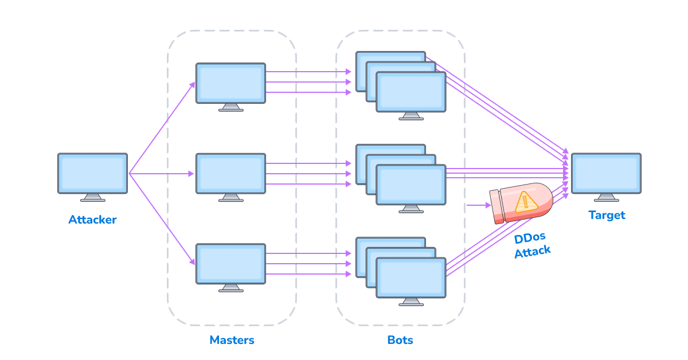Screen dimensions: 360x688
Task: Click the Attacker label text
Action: click(92, 220)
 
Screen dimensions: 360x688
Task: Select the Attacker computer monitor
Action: click(92, 173)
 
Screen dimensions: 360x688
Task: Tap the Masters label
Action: click(232, 340)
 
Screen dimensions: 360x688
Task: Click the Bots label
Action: click(400, 340)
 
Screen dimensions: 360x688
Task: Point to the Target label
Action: click(607, 216)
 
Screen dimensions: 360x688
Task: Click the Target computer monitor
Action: click(606, 173)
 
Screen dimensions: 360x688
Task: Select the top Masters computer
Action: click(230, 83)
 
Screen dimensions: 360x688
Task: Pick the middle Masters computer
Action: click(230, 173)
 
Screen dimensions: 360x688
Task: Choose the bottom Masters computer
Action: click(230, 264)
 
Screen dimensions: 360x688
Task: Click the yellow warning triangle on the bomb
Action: click(524, 202)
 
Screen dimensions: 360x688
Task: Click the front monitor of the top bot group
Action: click(411, 92)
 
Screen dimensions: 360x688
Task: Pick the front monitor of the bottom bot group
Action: click(411, 277)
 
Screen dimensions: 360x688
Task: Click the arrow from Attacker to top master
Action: click(162, 127)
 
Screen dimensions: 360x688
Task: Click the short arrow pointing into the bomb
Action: click(477, 205)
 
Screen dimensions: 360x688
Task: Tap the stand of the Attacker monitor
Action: click(92, 198)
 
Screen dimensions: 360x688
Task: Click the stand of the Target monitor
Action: click(606, 198)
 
